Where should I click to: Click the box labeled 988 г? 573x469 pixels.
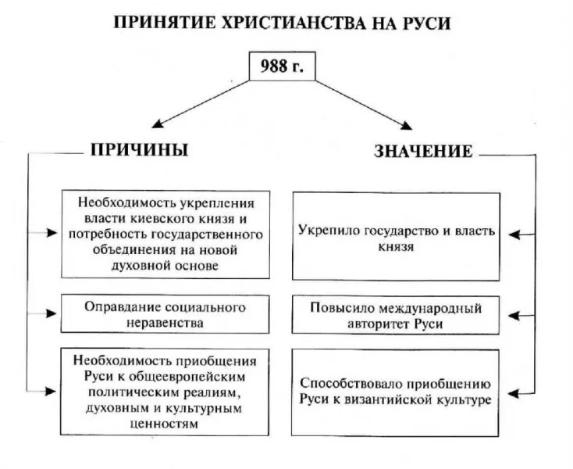(283, 68)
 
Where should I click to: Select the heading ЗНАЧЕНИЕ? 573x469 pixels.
(423, 151)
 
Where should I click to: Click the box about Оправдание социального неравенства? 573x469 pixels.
(165, 314)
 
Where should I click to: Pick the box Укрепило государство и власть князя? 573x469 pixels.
(396, 237)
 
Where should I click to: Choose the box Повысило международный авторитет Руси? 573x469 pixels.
(396, 314)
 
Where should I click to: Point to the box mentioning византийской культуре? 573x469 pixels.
(396, 392)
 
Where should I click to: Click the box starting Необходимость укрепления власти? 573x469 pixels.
(165, 234)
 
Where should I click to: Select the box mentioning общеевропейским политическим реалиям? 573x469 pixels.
(165, 392)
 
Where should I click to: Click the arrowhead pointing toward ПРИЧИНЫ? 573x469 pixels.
(156, 124)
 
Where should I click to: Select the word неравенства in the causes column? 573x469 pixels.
(165, 322)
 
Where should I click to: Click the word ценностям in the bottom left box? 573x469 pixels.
(165, 424)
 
